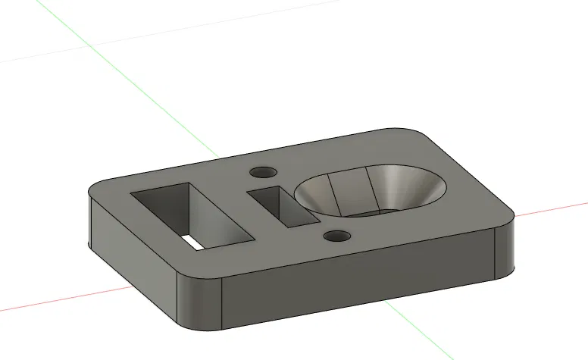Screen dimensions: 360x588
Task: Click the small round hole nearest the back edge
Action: click(264, 172)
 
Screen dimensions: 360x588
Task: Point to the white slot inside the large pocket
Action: click(192, 242)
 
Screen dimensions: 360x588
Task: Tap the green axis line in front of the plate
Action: click(424, 333)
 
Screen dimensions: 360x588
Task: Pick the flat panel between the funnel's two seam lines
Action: click(350, 193)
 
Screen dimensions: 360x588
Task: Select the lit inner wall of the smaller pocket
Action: click(298, 208)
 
